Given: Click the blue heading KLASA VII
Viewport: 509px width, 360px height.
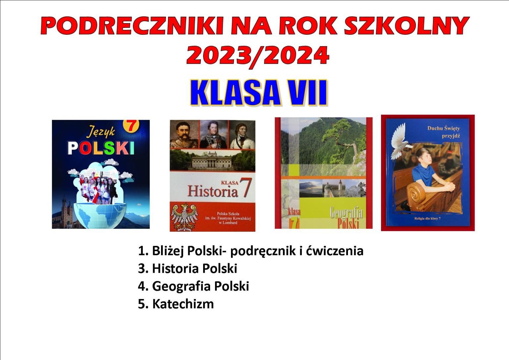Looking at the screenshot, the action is pos(258,93).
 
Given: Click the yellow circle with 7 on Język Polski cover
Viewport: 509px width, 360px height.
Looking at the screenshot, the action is pos(131,125).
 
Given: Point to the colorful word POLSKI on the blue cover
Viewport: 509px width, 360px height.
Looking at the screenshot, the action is pos(101,148).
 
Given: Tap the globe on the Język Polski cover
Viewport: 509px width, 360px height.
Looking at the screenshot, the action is pos(100,215).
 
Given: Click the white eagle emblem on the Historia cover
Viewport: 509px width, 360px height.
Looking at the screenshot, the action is pos(185,217).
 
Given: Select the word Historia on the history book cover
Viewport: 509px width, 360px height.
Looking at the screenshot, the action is pos(213,191).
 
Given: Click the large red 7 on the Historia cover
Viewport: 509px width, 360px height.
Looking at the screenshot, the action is pos(246,187).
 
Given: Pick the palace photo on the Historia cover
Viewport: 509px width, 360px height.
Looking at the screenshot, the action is pos(212,160).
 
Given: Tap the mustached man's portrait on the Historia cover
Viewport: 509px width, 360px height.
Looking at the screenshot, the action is pos(185,134).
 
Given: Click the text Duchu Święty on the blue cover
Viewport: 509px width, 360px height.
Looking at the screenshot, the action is pos(444,128).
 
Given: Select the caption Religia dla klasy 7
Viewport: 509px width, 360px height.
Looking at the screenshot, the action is pos(428,218).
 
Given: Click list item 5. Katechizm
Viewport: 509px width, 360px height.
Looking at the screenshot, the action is pos(176,304).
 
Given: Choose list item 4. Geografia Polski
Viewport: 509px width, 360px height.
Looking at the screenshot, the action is pos(194,286).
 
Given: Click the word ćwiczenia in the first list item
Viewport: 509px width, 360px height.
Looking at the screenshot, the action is pos(334,251).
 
